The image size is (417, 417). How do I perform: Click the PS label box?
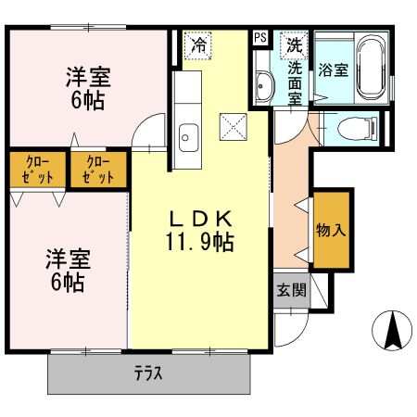coord(260,38)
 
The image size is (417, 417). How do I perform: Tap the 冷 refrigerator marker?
coord(198,44)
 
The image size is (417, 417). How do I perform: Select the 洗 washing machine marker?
coord(294,44)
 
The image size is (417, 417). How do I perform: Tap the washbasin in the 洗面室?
coord(264,87)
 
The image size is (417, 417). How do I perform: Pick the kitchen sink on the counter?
coord(187,136)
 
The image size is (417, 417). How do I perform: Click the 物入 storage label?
coord(330,229)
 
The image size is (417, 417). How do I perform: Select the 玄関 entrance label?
coord(290,289)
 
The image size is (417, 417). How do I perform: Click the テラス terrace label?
coord(148,374)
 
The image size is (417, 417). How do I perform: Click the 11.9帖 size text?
coord(199,244)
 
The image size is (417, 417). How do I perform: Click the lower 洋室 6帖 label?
coord(66,269)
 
